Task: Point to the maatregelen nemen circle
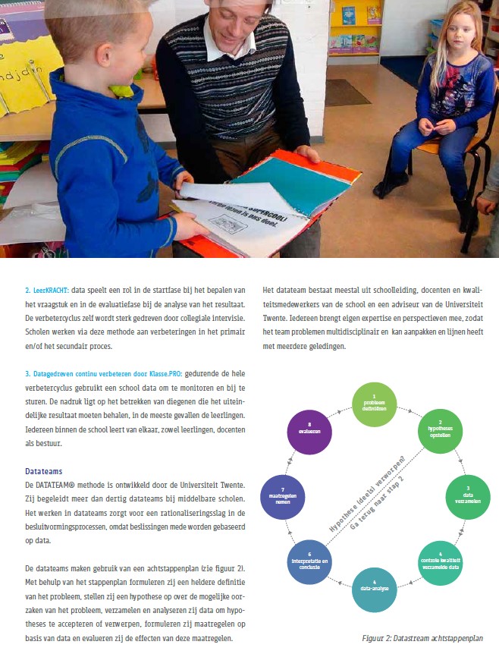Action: click(x=281, y=498)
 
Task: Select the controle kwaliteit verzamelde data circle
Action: click(x=440, y=564)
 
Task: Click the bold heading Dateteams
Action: click(x=44, y=470)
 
